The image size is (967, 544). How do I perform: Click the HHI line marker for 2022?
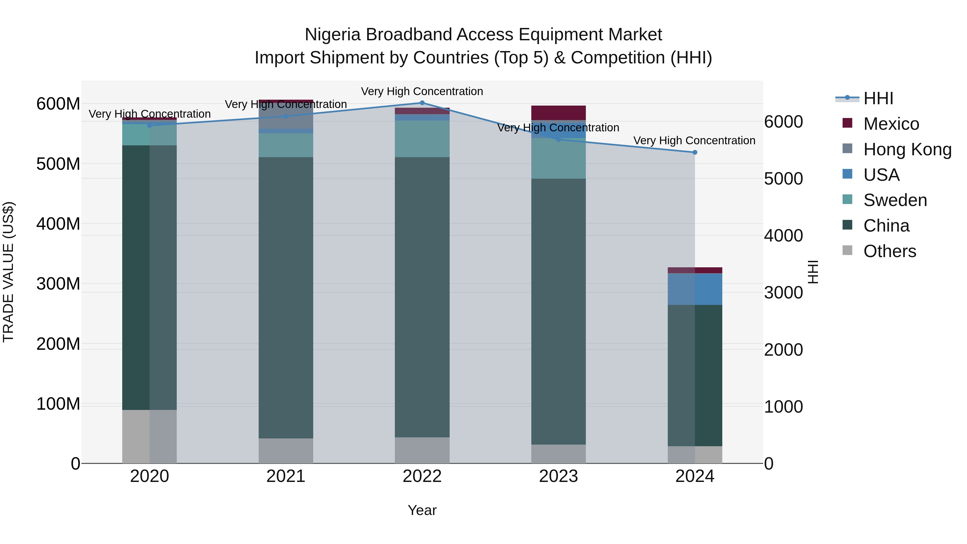[422, 103]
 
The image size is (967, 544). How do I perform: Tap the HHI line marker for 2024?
[694, 152]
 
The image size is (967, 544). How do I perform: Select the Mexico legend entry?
[891, 124]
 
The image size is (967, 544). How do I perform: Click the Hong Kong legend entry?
[907, 149]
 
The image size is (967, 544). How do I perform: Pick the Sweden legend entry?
[894, 200]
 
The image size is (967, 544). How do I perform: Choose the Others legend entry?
[889, 251]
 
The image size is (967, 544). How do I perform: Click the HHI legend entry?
[878, 98]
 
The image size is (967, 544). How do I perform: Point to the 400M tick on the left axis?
[58, 224]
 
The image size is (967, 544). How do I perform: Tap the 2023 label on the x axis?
[558, 476]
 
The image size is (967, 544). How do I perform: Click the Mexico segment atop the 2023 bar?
[558, 113]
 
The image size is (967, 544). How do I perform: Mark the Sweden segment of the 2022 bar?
[422, 139]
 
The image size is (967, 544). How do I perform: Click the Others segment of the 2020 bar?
[149, 436]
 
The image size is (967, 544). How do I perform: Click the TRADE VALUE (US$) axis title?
[8, 272]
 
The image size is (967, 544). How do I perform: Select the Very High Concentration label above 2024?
[694, 141]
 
